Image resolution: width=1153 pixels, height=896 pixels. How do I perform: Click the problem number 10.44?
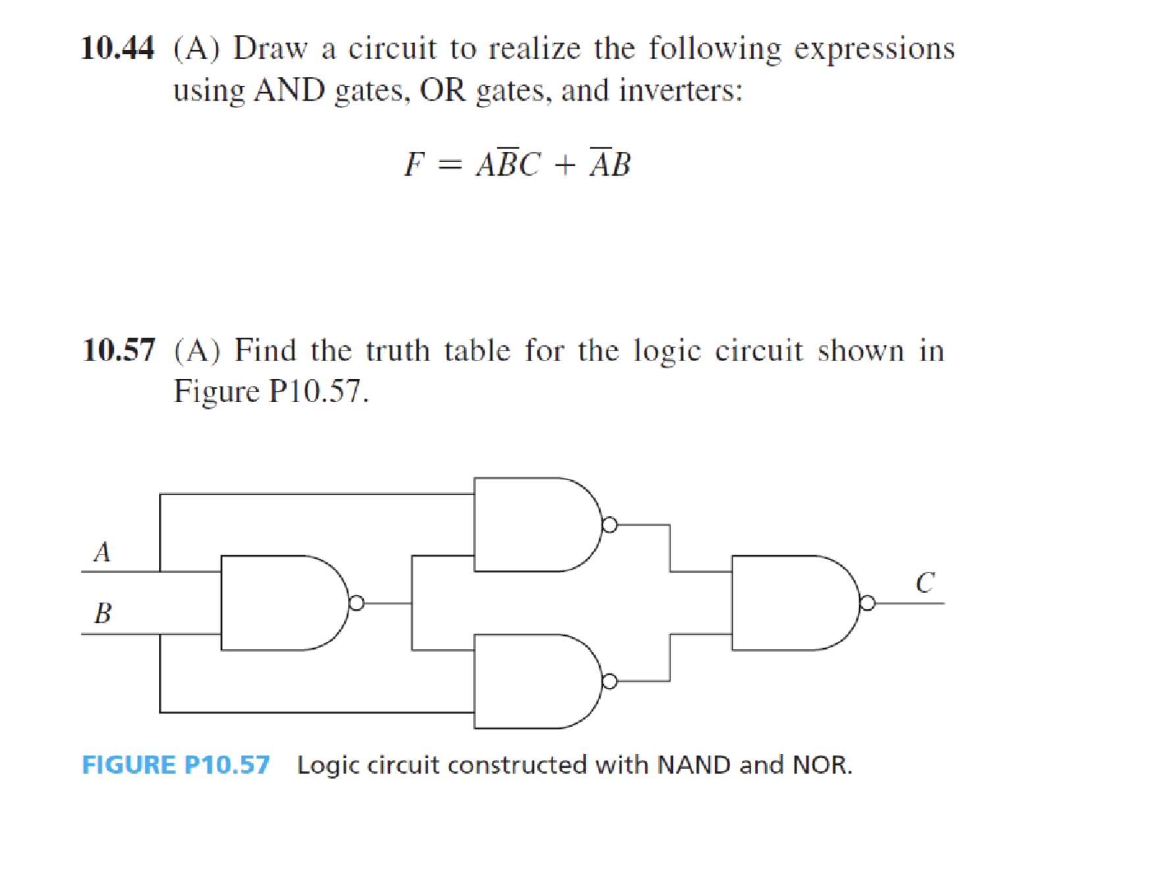coord(117,48)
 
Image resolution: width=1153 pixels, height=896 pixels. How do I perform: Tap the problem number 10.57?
coord(118,350)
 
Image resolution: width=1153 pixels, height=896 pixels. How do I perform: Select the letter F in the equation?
coord(414,164)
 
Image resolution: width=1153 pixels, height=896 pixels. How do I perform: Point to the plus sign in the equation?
coord(564,165)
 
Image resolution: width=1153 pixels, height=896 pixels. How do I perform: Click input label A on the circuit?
coord(102,551)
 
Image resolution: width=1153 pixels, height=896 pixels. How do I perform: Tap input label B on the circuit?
coord(103,613)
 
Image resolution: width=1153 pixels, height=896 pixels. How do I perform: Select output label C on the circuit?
coord(925,583)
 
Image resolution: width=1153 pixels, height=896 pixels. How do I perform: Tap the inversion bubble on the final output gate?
coord(868,603)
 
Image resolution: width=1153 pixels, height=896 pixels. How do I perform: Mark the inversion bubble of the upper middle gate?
coord(610,524)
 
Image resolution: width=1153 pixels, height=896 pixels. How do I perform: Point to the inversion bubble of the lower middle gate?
coord(610,681)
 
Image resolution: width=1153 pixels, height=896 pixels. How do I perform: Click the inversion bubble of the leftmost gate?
coord(356,603)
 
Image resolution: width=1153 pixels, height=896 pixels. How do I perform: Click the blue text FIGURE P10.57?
coord(176,764)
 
